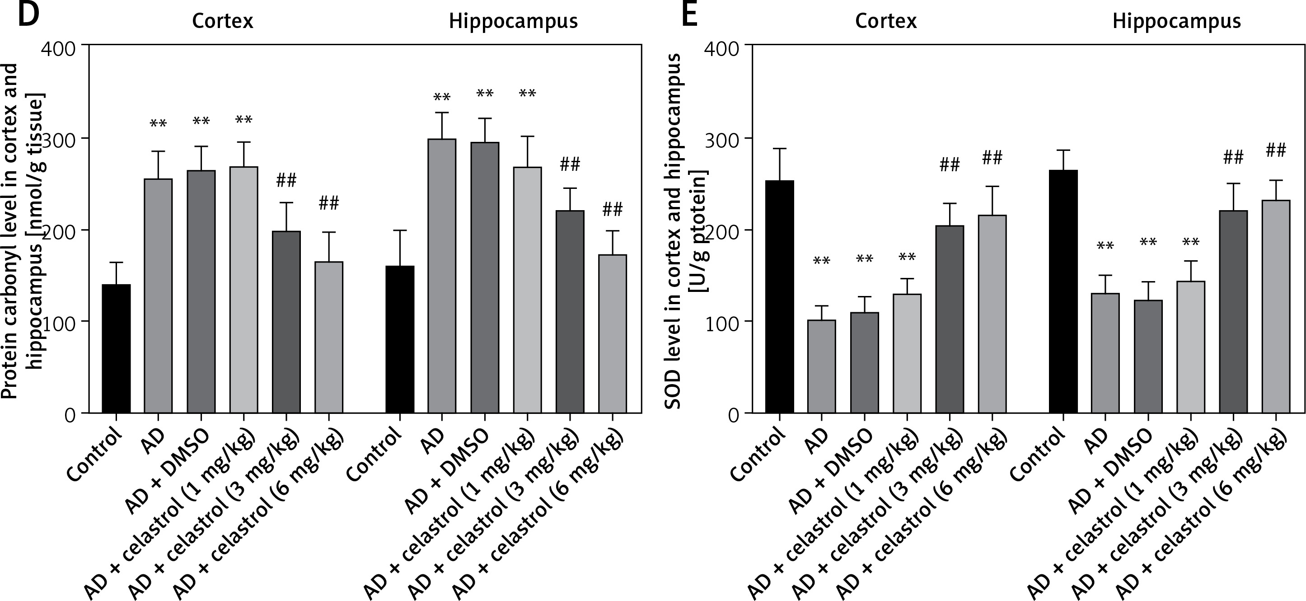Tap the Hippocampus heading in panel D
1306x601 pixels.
point(513,21)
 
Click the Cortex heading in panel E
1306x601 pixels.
point(886,21)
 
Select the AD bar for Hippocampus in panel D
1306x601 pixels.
point(442,276)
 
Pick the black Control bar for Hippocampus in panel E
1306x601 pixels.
point(1063,291)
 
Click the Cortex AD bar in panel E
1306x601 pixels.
point(821,366)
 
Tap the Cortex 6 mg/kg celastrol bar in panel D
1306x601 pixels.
point(329,337)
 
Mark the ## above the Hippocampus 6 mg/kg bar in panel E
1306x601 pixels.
point(1276,150)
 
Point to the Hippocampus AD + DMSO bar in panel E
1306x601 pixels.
point(1148,357)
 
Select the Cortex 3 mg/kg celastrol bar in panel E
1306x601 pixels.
point(950,319)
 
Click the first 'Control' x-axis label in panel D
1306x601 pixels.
point(96,456)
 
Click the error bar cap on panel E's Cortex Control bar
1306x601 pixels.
point(779,148)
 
